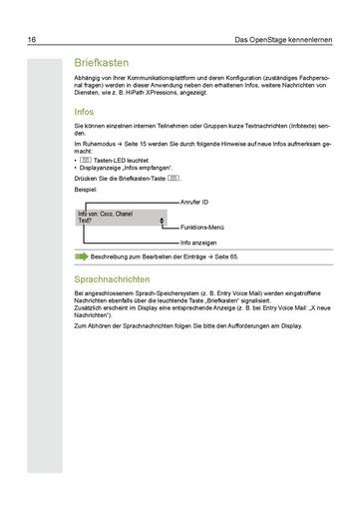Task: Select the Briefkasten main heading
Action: (103, 62)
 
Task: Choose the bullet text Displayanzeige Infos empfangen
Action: (123, 166)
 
